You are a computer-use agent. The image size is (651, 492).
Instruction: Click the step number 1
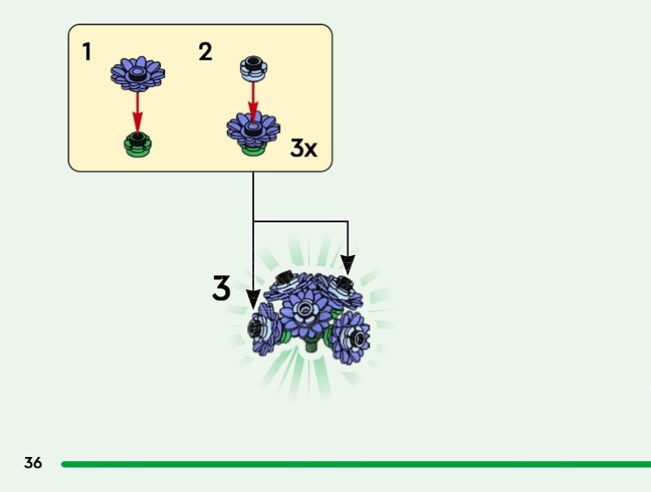(x=86, y=52)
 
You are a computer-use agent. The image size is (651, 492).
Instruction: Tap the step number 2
(x=205, y=52)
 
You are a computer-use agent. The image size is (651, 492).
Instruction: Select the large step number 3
(x=221, y=288)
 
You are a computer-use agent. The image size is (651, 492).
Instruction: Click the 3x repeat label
(x=304, y=148)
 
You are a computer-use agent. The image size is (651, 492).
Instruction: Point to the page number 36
(x=33, y=463)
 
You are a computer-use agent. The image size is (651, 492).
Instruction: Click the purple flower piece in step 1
(x=138, y=74)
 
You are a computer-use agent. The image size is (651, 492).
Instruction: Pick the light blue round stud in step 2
(x=252, y=68)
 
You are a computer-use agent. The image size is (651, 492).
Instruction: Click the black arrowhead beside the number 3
(x=254, y=298)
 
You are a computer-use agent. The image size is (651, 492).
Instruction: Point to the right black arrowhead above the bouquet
(x=347, y=264)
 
